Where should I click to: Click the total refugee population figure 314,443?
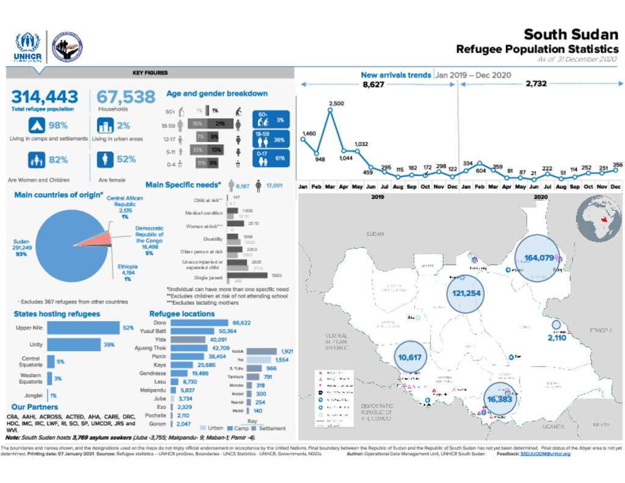(45, 97)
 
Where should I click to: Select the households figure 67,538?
(126, 97)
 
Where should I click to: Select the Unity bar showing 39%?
(73, 345)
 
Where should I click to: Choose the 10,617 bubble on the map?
(410, 357)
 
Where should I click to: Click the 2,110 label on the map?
(557, 338)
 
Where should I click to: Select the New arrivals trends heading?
(396, 75)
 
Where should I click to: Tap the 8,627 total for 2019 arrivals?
(373, 84)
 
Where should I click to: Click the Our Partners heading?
(35, 407)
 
